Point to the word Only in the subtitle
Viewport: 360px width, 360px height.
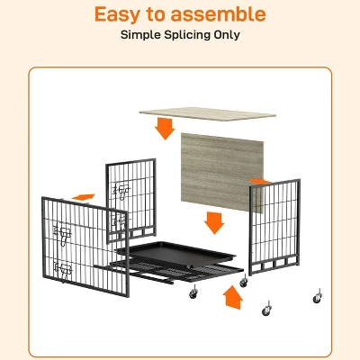coord(227,34)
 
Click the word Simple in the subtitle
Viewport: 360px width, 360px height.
coord(140,35)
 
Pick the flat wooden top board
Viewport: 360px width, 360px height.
coord(207,113)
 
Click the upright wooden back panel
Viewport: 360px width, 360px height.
coord(222,173)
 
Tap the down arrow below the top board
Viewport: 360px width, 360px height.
coord(165,129)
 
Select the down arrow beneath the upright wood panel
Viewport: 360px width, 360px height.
coord(214,223)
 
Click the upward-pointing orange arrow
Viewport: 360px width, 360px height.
coord(233,298)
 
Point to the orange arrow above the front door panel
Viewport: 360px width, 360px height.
coord(84,197)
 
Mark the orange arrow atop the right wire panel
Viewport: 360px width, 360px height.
coord(260,181)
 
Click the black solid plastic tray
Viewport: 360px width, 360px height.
coord(175,254)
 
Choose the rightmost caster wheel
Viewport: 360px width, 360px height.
coord(318,296)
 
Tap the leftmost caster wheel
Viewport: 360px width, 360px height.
coord(193,292)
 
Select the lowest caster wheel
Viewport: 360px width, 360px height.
coord(266,309)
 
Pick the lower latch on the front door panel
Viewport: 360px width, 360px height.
coord(63,270)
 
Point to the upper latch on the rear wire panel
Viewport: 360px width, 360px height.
coord(122,192)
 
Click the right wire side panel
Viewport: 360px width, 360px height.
coord(274,227)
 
